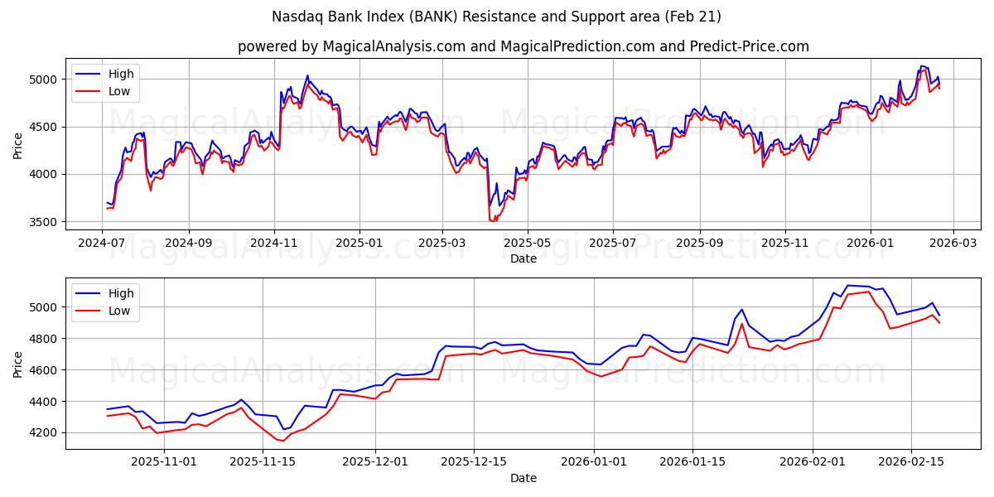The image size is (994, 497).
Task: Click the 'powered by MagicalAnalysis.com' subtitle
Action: point(523,46)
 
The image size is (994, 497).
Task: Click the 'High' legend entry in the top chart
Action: point(120,74)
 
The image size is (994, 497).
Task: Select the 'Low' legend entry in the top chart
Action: point(120,91)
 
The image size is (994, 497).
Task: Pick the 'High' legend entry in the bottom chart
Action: point(120,292)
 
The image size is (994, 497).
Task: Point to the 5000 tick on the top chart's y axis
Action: point(43,80)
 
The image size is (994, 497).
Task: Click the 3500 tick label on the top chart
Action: point(43,222)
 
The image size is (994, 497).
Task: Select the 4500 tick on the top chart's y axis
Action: point(43,127)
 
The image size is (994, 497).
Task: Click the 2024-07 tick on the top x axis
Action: point(102,244)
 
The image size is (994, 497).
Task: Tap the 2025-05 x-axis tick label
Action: point(528,244)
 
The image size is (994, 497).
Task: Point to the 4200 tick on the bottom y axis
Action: point(43,433)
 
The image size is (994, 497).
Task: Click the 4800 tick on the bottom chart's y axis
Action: point(43,339)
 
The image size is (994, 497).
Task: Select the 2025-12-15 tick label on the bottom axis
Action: point(474,462)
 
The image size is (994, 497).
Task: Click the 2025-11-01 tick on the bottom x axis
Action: point(163,462)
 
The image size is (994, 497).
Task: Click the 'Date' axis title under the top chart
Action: point(523,258)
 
